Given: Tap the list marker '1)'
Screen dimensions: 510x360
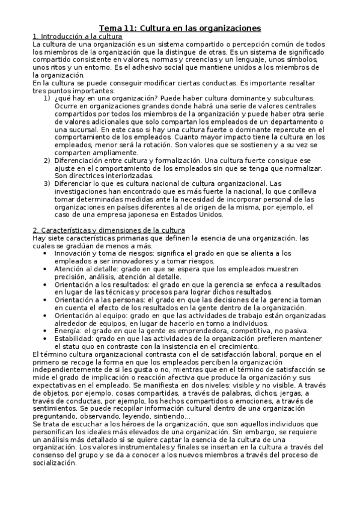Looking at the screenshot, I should pos(46,97).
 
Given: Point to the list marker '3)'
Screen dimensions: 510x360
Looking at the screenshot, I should pos(46,183).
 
